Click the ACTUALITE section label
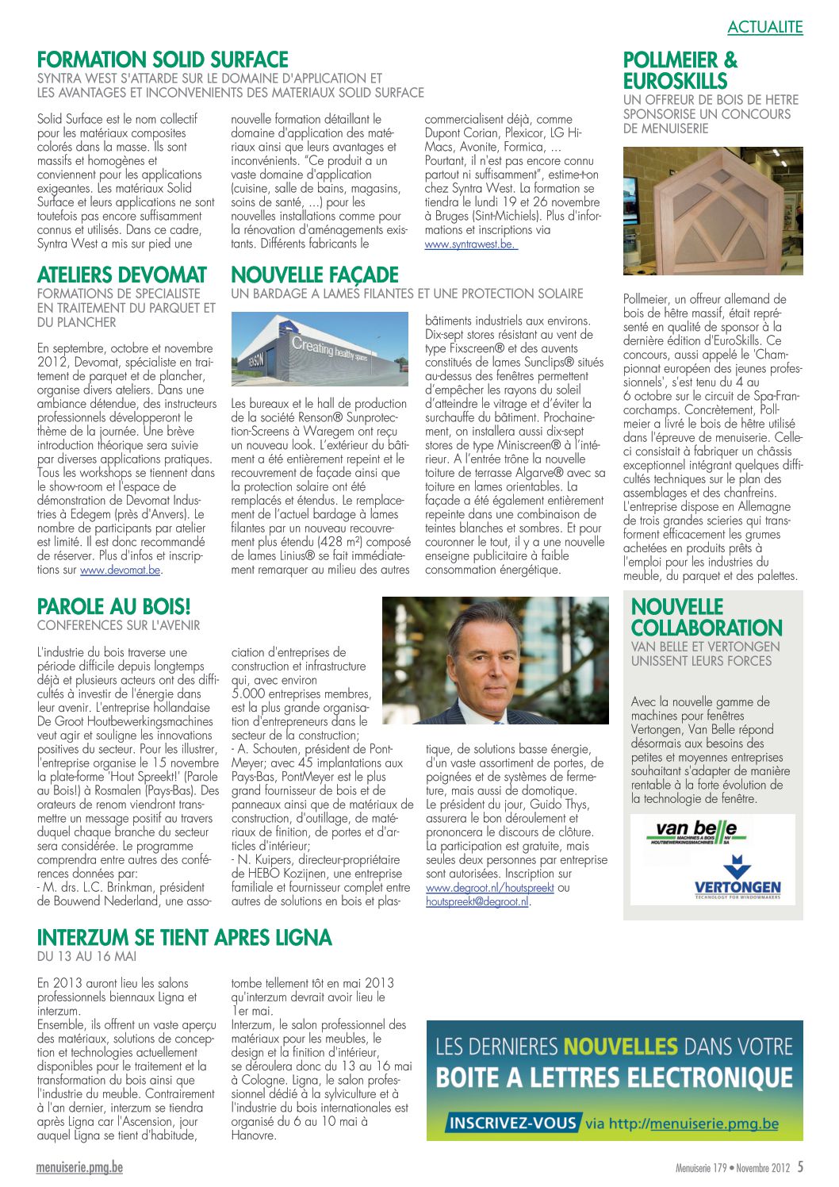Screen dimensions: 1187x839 (764, 27)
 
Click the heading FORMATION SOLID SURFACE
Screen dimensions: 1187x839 (163, 60)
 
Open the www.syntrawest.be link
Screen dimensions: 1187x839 (470, 244)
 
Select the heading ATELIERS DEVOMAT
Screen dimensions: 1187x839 (121, 275)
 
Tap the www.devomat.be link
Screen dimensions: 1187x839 (120, 570)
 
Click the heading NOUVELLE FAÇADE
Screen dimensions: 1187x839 (315, 275)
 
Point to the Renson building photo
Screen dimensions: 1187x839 (320, 349)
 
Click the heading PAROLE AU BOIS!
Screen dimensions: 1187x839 (113, 607)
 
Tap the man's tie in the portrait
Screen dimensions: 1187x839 (477, 713)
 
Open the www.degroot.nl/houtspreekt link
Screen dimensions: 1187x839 (489, 888)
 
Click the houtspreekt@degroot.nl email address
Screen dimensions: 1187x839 (477, 901)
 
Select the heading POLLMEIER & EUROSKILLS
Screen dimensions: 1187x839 (680, 71)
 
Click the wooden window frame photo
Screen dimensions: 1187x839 (712, 211)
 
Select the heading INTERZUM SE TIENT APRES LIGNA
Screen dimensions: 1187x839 (184, 938)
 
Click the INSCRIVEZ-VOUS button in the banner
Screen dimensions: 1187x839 (512, 1123)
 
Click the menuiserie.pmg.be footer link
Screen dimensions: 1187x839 (79, 1167)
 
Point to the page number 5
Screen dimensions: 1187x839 (800, 1166)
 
